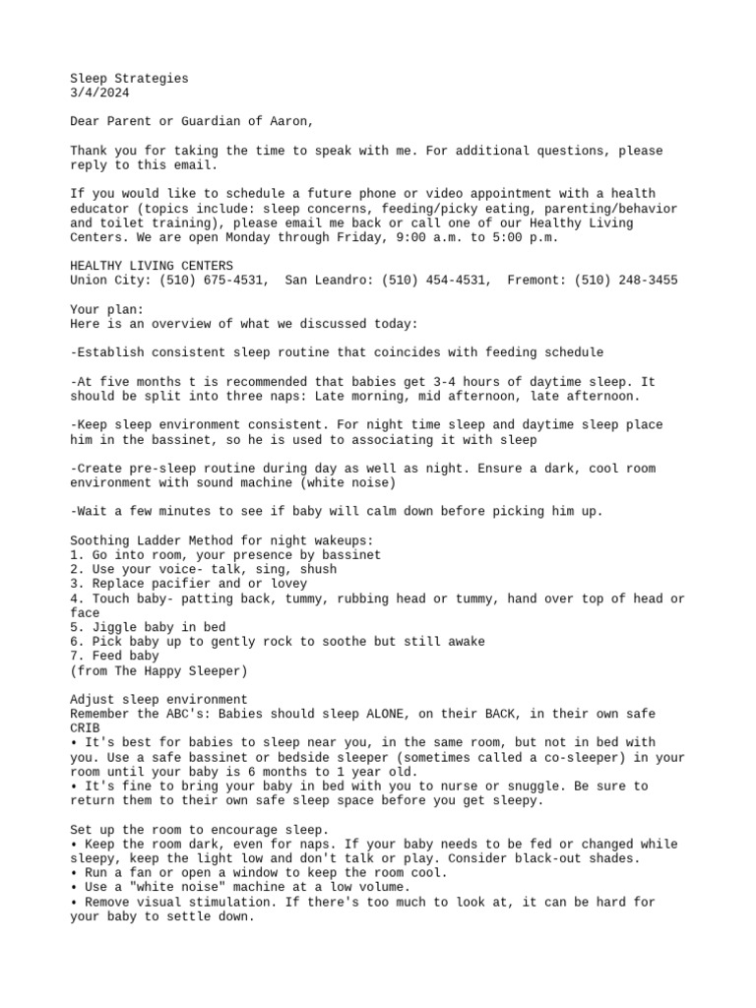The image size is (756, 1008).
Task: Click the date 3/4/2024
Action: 99,93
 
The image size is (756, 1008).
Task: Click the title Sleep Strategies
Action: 129,78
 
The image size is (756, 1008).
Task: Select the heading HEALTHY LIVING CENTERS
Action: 152,266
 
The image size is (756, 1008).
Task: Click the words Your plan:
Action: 107,309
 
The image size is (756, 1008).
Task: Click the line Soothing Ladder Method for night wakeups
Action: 221,540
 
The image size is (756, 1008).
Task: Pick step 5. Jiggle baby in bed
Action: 148,627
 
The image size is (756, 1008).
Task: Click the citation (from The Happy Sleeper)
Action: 158,670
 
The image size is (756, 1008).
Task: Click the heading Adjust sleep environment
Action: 158,699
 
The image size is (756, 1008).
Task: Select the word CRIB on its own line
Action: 85,728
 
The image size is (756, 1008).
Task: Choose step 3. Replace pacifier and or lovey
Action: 169,584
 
